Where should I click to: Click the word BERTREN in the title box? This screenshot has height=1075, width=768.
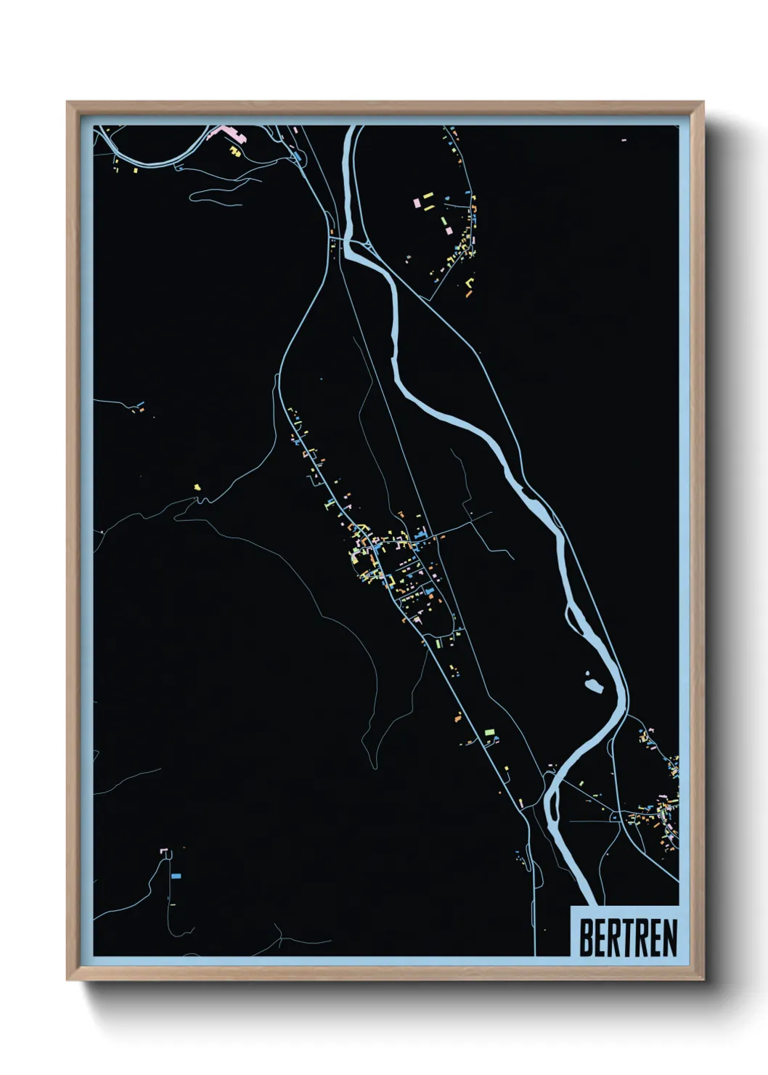point(627,938)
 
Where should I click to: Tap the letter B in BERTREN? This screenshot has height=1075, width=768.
point(586,938)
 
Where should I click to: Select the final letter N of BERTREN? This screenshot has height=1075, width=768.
point(669,938)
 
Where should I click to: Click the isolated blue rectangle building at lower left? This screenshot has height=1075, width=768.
point(176,877)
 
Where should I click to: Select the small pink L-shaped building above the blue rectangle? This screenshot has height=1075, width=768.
point(165,850)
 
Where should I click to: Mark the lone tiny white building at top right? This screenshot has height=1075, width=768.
point(624,139)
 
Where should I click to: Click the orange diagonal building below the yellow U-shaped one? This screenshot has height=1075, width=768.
point(467,294)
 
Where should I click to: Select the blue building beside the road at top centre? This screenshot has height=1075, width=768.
point(296,155)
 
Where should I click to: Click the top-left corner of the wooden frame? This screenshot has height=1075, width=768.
point(68,103)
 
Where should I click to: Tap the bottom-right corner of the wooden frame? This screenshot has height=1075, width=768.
point(702,978)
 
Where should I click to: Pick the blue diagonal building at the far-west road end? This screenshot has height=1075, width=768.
point(139,404)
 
